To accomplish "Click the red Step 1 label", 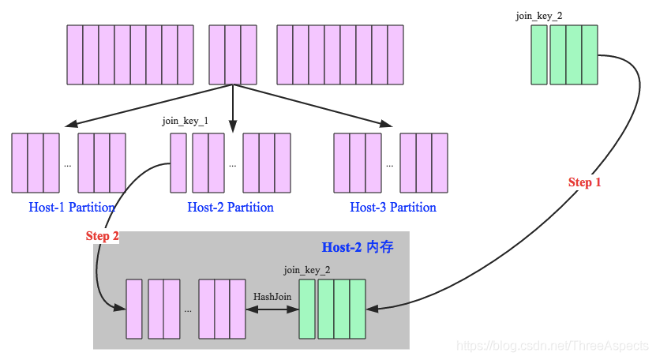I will click(x=585, y=182).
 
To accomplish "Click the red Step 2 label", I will click(x=103, y=236).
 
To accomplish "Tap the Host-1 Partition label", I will click(x=72, y=208).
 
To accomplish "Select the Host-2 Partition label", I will click(x=231, y=208).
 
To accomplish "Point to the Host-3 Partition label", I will click(x=393, y=208).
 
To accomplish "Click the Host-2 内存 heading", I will click(x=358, y=247).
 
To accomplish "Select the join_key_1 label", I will click(x=185, y=121).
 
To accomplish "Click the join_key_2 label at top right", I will click(x=539, y=15).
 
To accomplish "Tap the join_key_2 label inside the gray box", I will click(x=307, y=270).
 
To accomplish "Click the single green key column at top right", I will click(x=539, y=54).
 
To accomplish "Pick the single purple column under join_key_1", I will click(x=178, y=163).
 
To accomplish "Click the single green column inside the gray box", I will click(x=307, y=309).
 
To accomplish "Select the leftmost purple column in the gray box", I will click(x=134, y=309).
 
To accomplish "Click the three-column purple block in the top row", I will click(x=233, y=54).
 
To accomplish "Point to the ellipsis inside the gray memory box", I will click(x=188, y=310).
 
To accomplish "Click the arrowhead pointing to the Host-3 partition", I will click(x=387, y=125).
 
